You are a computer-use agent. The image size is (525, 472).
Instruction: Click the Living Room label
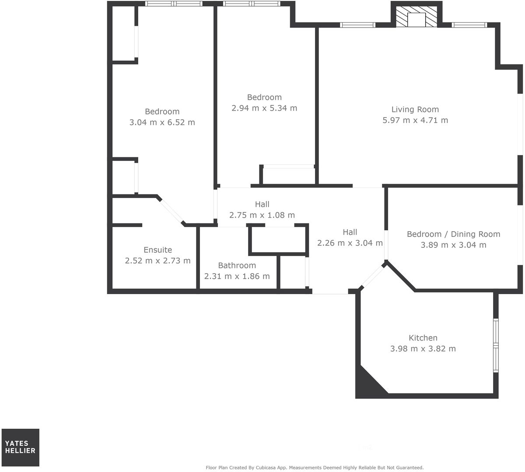click(x=415, y=109)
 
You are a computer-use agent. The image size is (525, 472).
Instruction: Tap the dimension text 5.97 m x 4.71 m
click(x=415, y=120)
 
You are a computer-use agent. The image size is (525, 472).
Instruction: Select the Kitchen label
click(x=423, y=338)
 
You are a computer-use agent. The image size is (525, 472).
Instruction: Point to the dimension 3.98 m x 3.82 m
click(x=423, y=349)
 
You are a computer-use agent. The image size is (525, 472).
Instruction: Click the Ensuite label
click(x=157, y=250)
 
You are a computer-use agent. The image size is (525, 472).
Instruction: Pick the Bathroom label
click(x=237, y=265)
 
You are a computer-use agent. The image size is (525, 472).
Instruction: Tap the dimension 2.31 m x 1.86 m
click(x=237, y=276)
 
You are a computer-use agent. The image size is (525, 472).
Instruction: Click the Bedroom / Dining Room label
click(x=453, y=234)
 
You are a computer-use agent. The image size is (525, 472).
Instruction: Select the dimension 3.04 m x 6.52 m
click(x=162, y=122)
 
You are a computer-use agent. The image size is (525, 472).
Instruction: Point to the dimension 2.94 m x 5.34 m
click(x=264, y=108)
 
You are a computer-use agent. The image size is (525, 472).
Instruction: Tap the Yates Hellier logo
click(x=20, y=447)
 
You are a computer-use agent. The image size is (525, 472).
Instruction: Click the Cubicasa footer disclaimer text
click(x=315, y=468)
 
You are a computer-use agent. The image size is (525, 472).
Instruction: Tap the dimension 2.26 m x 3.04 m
click(x=350, y=243)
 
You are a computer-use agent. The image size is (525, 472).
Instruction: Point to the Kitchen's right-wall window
click(x=496, y=345)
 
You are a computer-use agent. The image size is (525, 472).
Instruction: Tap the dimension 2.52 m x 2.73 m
click(x=157, y=261)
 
